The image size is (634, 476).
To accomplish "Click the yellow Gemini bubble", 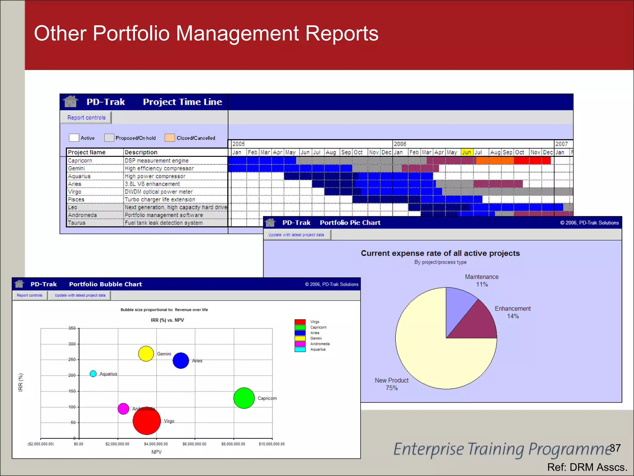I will tap(146, 354).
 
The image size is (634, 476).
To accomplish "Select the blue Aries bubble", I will tap(181, 361).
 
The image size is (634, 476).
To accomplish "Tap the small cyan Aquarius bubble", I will tap(93, 374).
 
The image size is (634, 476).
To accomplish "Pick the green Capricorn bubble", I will tap(244, 398).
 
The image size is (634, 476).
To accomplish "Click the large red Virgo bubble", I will tap(147, 421).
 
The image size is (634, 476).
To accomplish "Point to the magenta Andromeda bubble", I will tap(123, 409).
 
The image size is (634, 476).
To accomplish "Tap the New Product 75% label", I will tap(392, 384).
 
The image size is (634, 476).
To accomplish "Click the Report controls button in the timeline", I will tap(86, 117).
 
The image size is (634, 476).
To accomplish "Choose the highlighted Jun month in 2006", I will tap(467, 152).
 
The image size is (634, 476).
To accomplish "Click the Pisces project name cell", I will tap(76, 199).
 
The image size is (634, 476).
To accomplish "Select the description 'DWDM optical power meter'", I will tap(158, 192).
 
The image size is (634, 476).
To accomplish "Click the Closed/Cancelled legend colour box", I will tap(170, 138).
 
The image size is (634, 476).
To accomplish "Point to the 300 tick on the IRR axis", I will tap(72, 344).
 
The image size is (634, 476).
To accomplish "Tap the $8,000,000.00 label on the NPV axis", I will tap(233, 444).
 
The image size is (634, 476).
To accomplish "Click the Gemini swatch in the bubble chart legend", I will tap(300, 338).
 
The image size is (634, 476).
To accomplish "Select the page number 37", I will tap(615, 448).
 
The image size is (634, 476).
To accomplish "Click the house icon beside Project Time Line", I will tap(70, 101).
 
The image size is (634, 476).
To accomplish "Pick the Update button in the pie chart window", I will tap(296, 235).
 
